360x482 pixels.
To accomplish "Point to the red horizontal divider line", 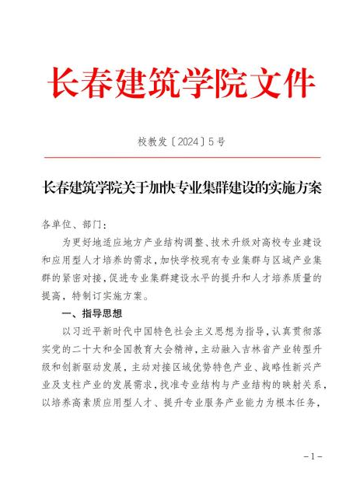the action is (x=180, y=157).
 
